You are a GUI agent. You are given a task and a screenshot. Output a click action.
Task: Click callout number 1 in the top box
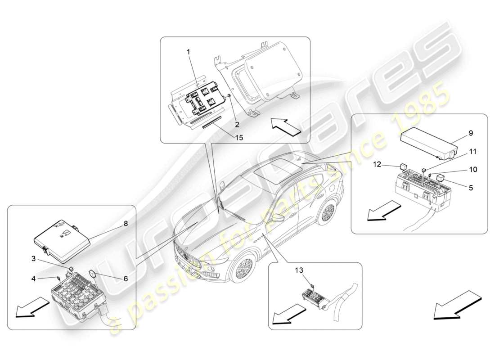pyautogui.click(x=189, y=52)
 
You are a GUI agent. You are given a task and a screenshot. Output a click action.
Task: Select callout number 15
pyautogui.click(x=238, y=138)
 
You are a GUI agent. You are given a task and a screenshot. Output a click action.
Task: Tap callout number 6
pyautogui.click(x=126, y=279)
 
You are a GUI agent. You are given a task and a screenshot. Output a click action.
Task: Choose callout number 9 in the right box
pyautogui.click(x=471, y=133)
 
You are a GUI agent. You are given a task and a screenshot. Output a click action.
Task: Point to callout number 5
pyautogui.click(x=471, y=187)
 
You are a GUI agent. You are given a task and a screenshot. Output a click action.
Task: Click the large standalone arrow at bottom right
pyautogui.click(x=457, y=305)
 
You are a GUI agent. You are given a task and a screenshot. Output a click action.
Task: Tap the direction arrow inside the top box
pyautogui.click(x=285, y=126)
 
